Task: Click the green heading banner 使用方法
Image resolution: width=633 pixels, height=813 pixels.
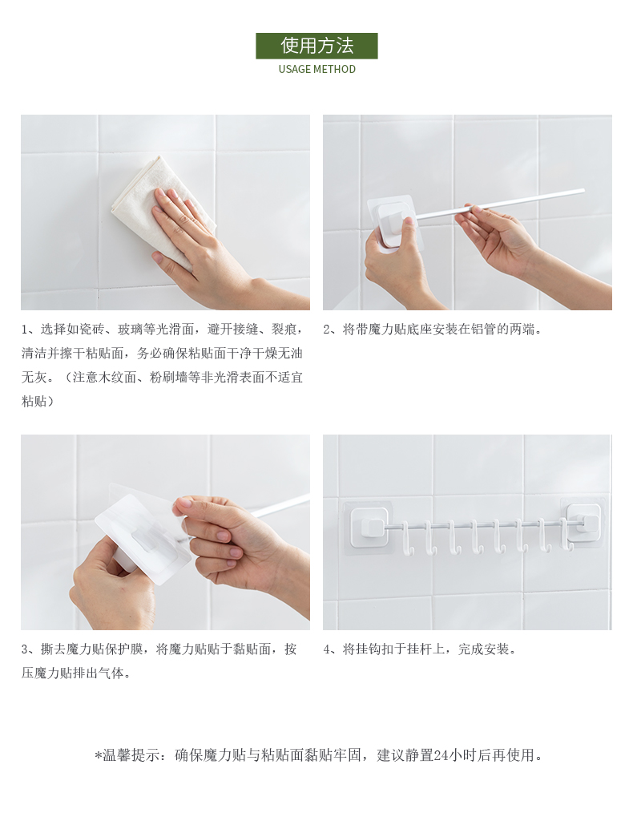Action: pyautogui.click(x=316, y=46)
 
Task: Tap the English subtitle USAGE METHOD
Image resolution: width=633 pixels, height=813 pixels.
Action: pyautogui.click(x=317, y=69)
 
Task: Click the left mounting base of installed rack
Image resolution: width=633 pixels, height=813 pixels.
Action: pyautogui.click(x=369, y=525)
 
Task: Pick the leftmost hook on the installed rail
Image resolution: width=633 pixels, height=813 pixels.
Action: pyautogui.click(x=407, y=540)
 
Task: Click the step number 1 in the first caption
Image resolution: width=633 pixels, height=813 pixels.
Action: pyautogui.click(x=24, y=330)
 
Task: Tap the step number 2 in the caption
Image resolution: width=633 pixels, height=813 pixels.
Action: pyautogui.click(x=327, y=330)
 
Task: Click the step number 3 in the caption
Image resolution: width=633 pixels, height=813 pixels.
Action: pyautogui.click(x=25, y=649)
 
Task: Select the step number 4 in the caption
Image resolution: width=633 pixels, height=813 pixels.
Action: pyautogui.click(x=327, y=649)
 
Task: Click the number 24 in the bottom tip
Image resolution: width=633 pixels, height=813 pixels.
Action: pyautogui.click(x=441, y=755)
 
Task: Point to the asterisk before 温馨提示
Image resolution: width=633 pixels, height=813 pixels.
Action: pyautogui.click(x=98, y=755)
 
